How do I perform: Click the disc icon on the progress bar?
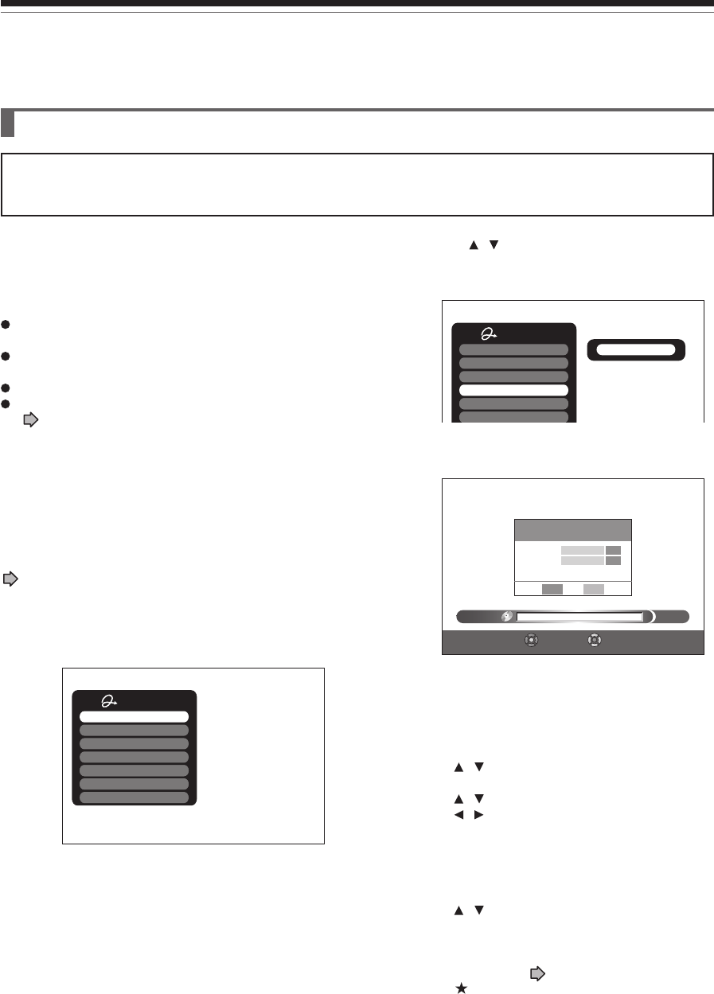pyautogui.click(x=506, y=616)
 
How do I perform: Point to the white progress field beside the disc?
pyautogui.click(x=579, y=616)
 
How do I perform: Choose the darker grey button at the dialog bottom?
pyautogui.click(x=552, y=589)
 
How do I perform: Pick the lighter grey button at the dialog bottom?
pyautogui.click(x=594, y=589)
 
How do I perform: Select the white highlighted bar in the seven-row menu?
pyautogui.click(x=134, y=716)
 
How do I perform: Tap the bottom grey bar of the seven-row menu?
pyautogui.click(x=134, y=797)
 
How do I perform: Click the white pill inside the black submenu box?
pyautogui.click(x=635, y=349)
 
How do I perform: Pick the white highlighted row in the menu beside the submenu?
pyautogui.click(x=513, y=390)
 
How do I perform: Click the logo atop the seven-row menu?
pyautogui.click(x=110, y=701)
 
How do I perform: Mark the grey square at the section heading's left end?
pyautogui.click(x=8, y=123)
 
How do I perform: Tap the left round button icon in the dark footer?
pyautogui.click(x=532, y=640)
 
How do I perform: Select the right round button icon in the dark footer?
pyautogui.click(x=594, y=640)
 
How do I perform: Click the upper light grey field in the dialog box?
pyautogui.click(x=581, y=549)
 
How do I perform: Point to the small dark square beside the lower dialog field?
pyautogui.click(x=613, y=560)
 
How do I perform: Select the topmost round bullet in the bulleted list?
pyautogui.click(x=5, y=324)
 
